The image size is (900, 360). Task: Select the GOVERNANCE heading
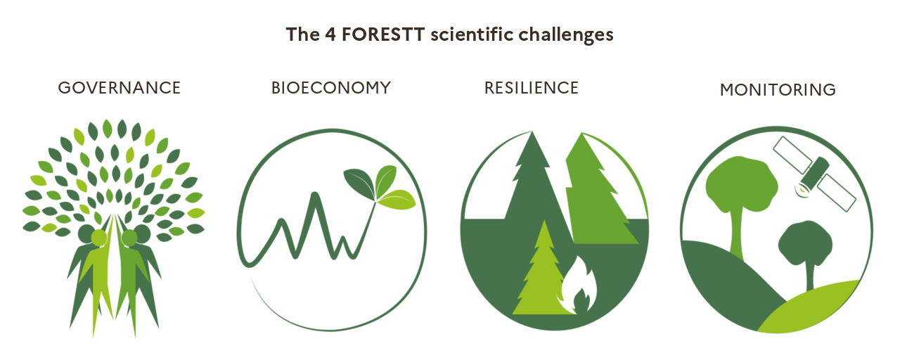tap(119, 88)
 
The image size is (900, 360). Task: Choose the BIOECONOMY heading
tap(330, 88)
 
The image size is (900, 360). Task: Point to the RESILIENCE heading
tap(531, 88)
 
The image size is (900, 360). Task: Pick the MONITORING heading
tap(777, 90)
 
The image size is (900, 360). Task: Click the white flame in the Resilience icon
tap(578, 287)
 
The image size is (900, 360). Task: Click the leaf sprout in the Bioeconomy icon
tap(380, 187)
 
